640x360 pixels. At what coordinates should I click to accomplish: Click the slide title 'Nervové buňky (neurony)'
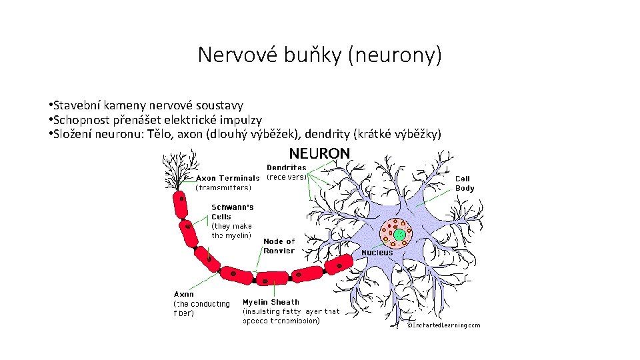coord(319,55)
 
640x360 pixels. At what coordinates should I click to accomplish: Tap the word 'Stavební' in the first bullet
coord(75,105)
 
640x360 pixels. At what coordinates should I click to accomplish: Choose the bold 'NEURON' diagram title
coord(319,153)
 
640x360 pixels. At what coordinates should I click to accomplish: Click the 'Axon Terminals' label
coord(227,178)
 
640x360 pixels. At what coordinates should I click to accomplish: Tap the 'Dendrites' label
coord(287,167)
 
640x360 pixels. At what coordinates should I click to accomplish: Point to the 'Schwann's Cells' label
coord(232,212)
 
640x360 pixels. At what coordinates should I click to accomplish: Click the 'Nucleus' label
coord(377,253)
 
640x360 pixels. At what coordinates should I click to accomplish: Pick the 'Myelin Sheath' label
coord(271,302)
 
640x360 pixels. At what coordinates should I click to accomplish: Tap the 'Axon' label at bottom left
coord(184,294)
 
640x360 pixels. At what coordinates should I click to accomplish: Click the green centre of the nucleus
coord(398,233)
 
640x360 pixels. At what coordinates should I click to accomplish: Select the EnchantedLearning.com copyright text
coord(444,325)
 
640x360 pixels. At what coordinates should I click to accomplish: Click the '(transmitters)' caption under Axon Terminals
coord(223,187)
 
